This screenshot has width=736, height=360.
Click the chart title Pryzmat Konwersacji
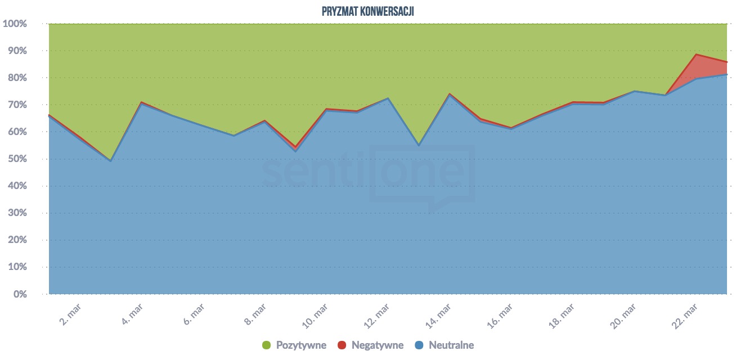pyautogui.click(x=368, y=11)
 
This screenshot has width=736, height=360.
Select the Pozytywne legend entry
pyautogui.click(x=301, y=345)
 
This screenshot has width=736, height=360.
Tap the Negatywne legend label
pyautogui.click(x=378, y=345)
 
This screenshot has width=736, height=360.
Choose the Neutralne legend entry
pyautogui.click(x=451, y=345)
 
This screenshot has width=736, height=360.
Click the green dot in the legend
pyautogui.click(x=267, y=345)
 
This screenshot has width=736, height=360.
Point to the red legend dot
pyautogui.click(x=342, y=345)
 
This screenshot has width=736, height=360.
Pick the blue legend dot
pyautogui.click(x=419, y=345)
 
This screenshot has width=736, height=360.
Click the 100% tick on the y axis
pyautogui.click(x=15, y=24)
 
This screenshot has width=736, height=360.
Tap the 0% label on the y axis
pyautogui.click(x=20, y=294)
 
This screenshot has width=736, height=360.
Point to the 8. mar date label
pyautogui.click(x=254, y=313)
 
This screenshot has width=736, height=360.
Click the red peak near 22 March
pyautogui.click(x=697, y=55)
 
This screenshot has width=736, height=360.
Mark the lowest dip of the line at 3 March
pyautogui.click(x=110, y=160)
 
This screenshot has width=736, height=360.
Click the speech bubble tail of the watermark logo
pyautogui.click(x=434, y=208)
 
